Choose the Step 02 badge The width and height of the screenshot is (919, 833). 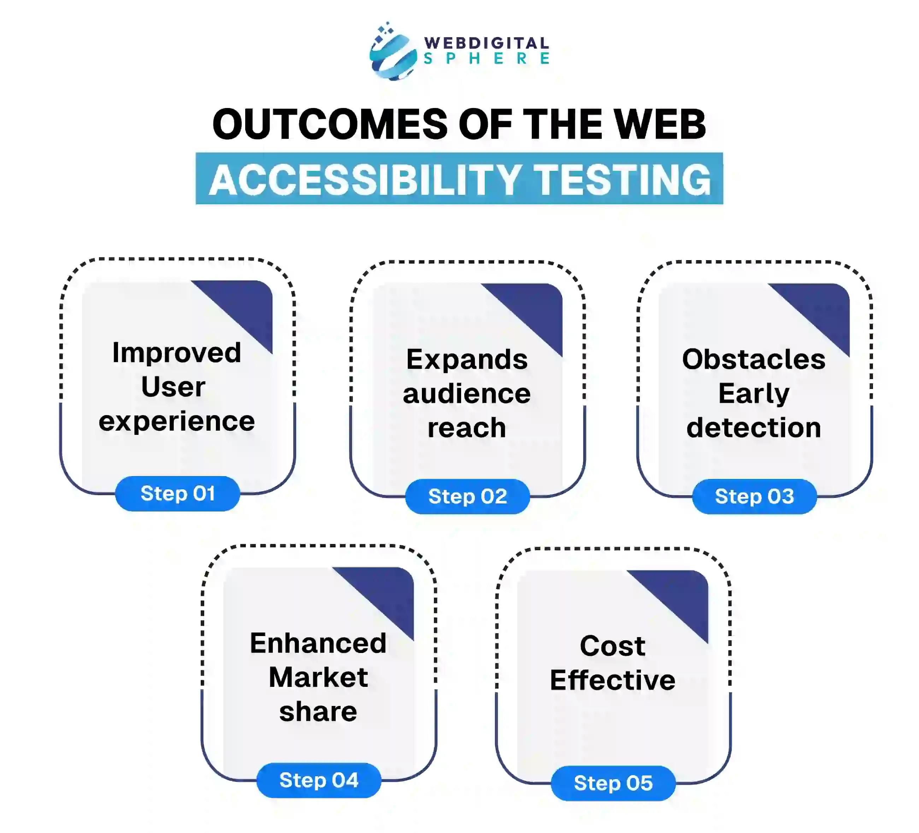click(x=467, y=496)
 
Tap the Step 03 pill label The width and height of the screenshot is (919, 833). click(x=754, y=496)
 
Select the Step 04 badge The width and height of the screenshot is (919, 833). click(x=319, y=780)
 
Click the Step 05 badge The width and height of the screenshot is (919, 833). click(x=613, y=783)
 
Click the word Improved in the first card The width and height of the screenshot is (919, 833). click(x=177, y=353)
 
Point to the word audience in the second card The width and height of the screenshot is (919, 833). click(x=467, y=394)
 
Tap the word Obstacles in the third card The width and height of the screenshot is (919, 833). click(x=754, y=359)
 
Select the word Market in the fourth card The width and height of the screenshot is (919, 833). click(x=318, y=677)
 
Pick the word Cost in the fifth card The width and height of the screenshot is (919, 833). click(x=612, y=646)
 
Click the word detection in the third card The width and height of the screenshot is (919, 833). click(x=754, y=428)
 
